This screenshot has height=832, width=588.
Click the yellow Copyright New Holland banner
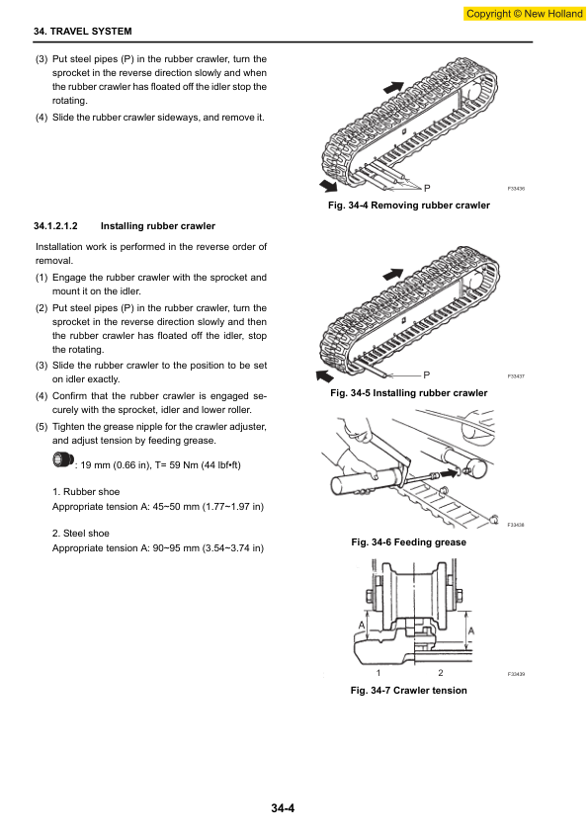pos(525,14)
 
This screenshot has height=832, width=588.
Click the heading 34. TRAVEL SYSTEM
pos(83,32)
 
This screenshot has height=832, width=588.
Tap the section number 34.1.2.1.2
pos(55,226)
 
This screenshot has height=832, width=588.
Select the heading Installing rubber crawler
pos(158,226)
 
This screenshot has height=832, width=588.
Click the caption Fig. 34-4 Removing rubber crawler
pos(408,206)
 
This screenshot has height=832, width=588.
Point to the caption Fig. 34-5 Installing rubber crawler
pos(408,393)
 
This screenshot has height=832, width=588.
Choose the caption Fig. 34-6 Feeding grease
pos(408,542)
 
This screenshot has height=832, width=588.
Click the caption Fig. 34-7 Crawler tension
pos(408,691)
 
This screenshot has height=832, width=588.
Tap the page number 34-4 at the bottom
pos(283,808)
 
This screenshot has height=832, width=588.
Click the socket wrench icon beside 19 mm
pos(63,459)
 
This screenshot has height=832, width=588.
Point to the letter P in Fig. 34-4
pos(427,188)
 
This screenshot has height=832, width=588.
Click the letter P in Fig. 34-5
pos(426,375)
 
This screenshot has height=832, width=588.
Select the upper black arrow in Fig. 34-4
pos(393,87)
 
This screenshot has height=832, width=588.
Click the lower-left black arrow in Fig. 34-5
pos(325,375)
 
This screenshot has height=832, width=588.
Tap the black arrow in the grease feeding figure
pos(449,471)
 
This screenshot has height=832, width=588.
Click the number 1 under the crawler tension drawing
pos(378,673)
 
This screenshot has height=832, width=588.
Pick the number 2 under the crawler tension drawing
pos(441,673)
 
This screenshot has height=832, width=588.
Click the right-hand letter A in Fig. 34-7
pos(471,630)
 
